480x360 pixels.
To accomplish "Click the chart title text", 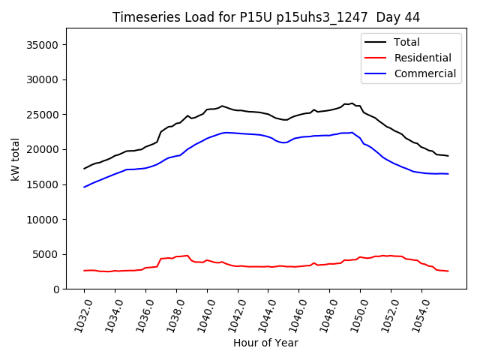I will click(266, 17).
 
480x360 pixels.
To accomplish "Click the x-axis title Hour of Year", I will click(265, 343).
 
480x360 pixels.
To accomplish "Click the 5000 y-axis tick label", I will click(47, 254).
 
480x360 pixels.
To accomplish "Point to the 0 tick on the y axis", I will click(57, 289).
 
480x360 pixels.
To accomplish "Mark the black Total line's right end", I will click(448, 156).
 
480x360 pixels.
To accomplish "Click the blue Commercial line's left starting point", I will click(84, 187).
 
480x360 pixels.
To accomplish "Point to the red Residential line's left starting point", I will click(84, 271).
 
